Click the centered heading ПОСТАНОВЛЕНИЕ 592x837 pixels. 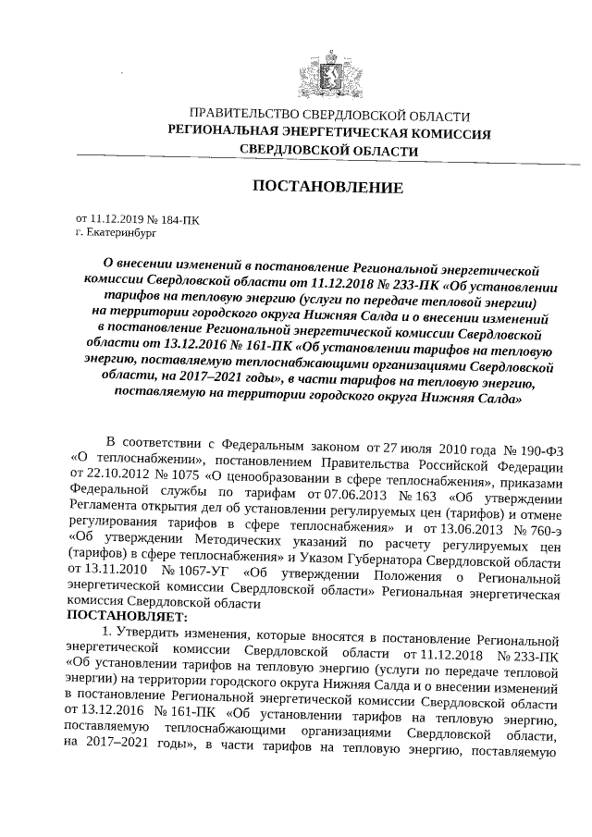click(328, 188)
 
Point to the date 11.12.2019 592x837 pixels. click(117, 220)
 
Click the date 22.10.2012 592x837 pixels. click(100, 474)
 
